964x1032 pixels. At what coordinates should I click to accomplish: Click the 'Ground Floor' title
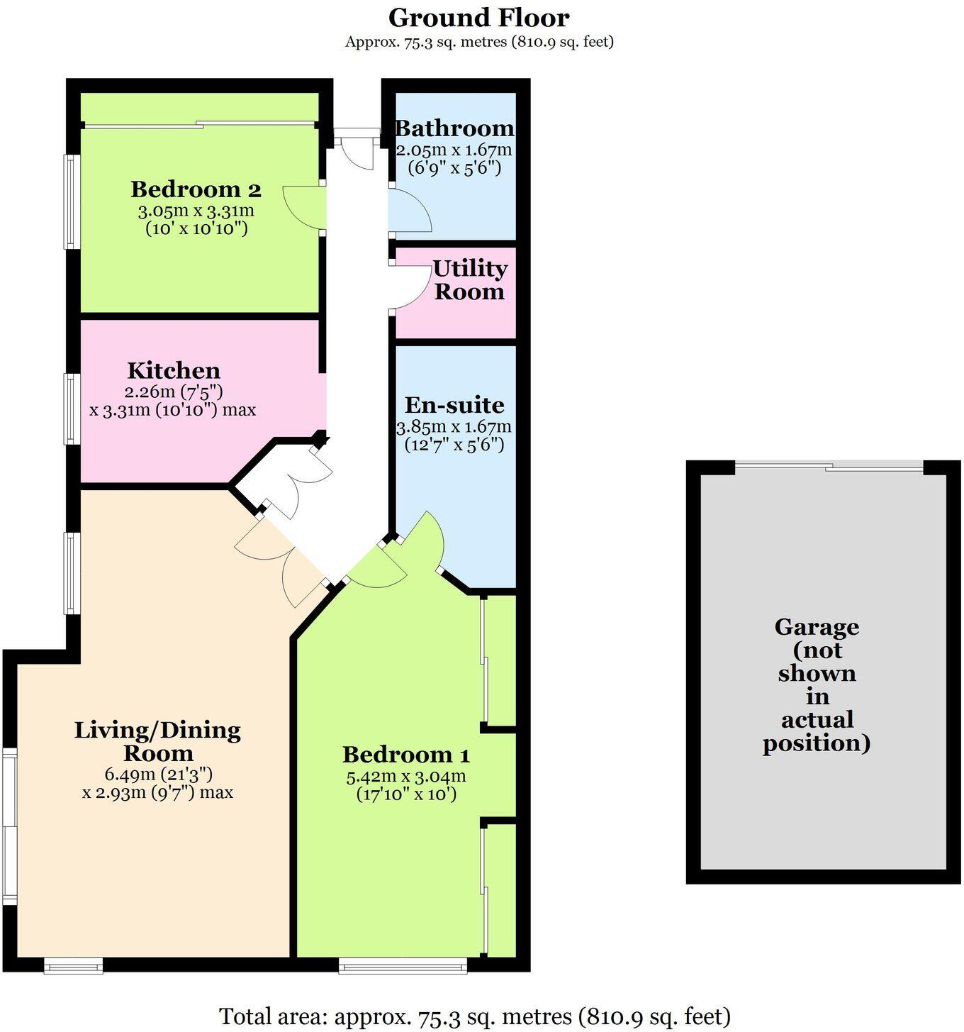pyautogui.click(x=479, y=18)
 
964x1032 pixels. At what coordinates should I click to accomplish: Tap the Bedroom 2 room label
pyautogui.click(x=196, y=190)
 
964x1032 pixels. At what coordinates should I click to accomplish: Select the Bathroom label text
pyautogui.click(x=454, y=129)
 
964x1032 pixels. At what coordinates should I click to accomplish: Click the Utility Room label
pyautogui.click(x=470, y=279)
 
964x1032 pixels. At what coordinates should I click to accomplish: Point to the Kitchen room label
pyautogui.click(x=174, y=371)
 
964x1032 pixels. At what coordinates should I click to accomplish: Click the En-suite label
pyautogui.click(x=454, y=405)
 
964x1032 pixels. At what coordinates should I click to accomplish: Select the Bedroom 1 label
pyautogui.click(x=405, y=754)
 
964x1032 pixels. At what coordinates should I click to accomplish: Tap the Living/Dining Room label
pyautogui.click(x=157, y=741)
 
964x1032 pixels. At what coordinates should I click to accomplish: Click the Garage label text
pyautogui.click(x=817, y=684)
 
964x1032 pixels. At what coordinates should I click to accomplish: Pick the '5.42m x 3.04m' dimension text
pyautogui.click(x=405, y=777)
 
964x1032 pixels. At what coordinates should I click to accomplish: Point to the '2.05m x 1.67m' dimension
pyautogui.click(x=454, y=150)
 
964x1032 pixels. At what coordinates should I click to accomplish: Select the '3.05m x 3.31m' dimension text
pyautogui.click(x=196, y=211)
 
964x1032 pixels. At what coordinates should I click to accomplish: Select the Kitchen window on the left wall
pyautogui.click(x=72, y=409)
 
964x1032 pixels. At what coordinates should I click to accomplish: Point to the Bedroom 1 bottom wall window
pyautogui.click(x=403, y=965)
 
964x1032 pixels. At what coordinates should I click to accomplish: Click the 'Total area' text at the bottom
pyautogui.click(x=475, y=1016)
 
